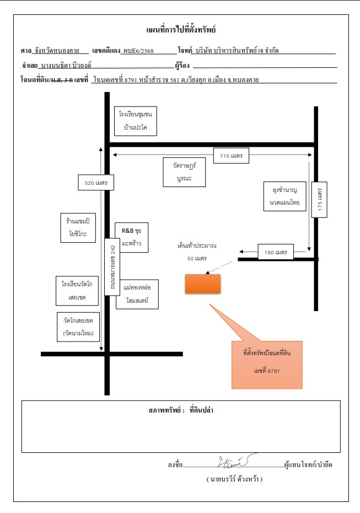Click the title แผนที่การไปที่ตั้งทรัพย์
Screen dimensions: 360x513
pos(181,30)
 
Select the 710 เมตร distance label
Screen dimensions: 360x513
pos(231,156)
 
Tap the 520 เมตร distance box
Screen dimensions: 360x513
pos(96,183)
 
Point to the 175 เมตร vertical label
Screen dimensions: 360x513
pos(319,200)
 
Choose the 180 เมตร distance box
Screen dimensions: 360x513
pos(276,252)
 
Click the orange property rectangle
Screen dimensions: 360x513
pos(203,284)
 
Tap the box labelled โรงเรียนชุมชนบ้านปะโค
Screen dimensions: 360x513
pos(136,121)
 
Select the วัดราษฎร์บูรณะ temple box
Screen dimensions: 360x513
pos(185,172)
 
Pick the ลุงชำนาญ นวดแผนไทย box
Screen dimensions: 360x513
pos(285,196)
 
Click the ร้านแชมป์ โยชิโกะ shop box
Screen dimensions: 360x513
pos(78,228)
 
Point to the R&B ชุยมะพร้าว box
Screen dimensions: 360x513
pos(131,238)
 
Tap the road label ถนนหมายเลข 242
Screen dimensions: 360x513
pos(112,267)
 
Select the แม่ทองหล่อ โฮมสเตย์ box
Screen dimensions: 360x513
pos(137,294)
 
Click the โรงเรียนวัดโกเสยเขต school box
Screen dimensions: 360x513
pos(77,291)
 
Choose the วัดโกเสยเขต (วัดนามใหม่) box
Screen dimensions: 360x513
pos(78,327)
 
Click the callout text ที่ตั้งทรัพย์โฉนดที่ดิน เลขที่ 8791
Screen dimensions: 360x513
pos(267,361)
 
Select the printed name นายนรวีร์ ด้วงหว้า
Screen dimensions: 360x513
pos(234,479)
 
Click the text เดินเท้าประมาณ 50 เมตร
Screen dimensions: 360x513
pos(197,252)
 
